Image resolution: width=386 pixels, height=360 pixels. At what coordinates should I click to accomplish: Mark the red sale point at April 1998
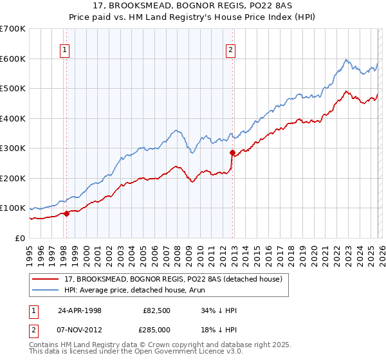pyautogui.click(x=66, y=213)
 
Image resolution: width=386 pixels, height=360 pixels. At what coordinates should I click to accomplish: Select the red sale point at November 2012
pyautogui.click(x=232, y=153)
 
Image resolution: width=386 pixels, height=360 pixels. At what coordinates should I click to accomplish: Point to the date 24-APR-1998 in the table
pyautogui.click(x=84, y=310)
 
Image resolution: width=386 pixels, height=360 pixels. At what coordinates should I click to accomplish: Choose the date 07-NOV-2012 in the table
pyautogui.click(x=84, y=330)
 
